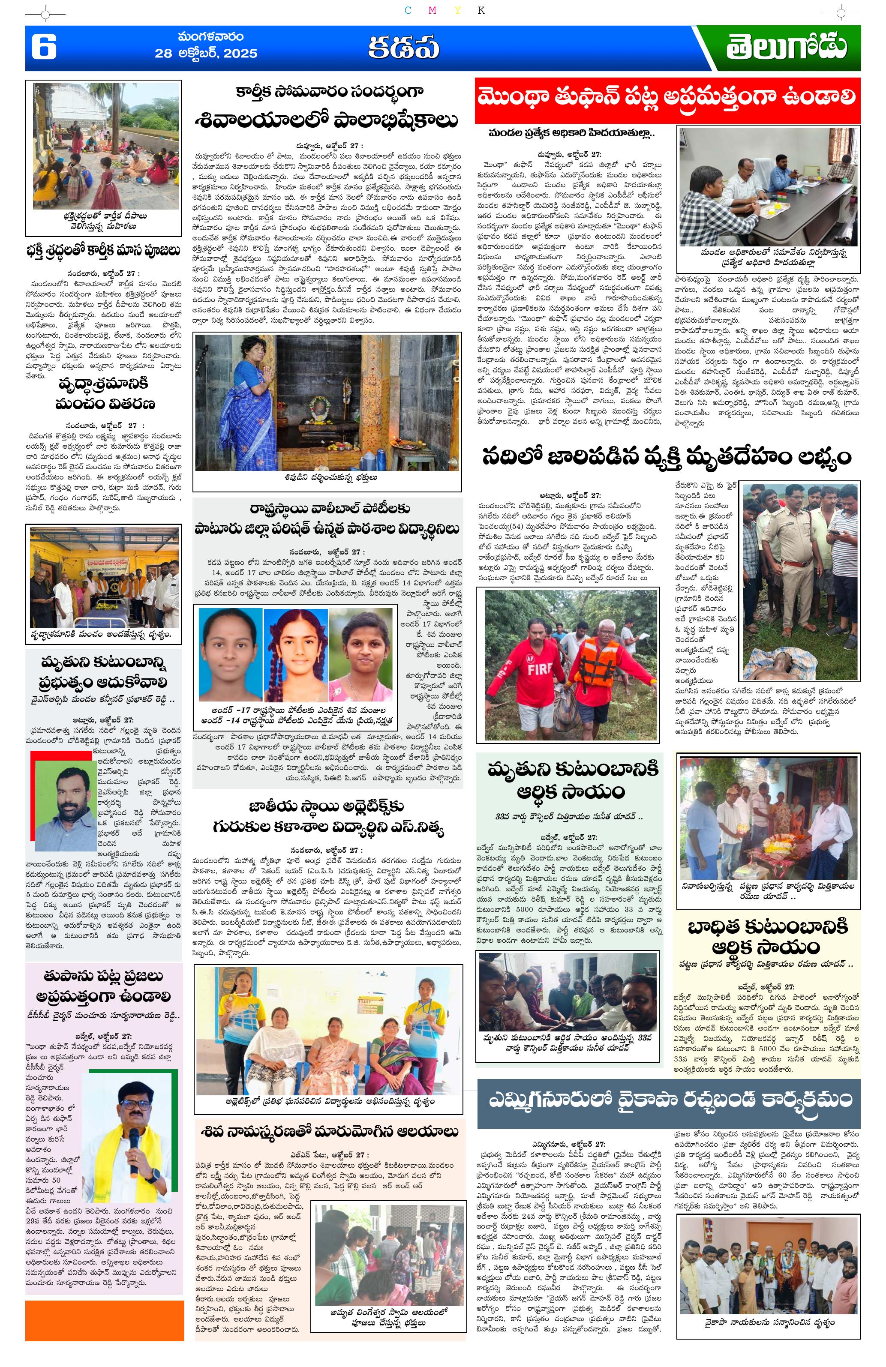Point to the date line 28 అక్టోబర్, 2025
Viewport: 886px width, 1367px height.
206,54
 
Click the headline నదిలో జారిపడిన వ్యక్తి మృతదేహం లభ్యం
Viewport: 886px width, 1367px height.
667,457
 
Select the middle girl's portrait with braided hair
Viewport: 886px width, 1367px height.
295,650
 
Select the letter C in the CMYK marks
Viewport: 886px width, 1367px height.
407,10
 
